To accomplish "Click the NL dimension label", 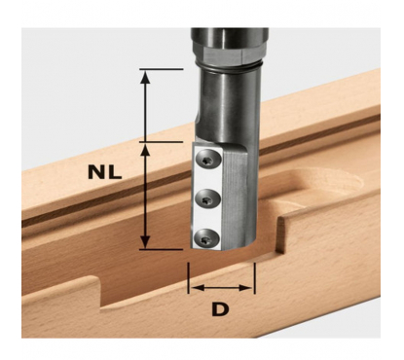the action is (x=104, y=172).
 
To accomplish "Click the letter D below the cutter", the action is (x=220, y=309).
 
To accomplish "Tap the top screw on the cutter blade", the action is (x=208, y=160).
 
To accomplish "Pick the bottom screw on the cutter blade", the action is (x=206, y=240).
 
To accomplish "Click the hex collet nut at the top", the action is (x=230, y=49).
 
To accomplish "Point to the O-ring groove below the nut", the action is (x=230, y=66).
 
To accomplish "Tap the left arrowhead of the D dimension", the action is (x=198, y=287).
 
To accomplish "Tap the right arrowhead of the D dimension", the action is (x=245, y=287).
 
